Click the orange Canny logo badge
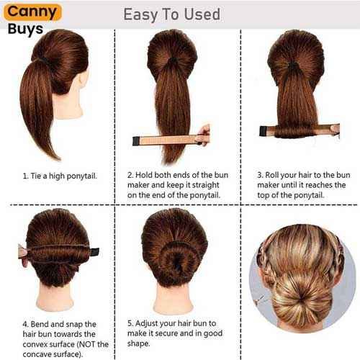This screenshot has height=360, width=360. point(32,12)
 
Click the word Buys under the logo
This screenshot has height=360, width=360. point(25,30)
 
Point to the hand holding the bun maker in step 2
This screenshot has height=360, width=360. point(204,135)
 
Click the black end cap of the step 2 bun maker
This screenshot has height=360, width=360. point(136,141)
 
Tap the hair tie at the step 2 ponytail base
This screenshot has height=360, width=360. point(172,60)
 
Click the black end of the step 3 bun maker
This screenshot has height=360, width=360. point(264,131)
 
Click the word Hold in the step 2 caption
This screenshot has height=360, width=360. point(144,175)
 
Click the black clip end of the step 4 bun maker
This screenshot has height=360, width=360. point(95,252)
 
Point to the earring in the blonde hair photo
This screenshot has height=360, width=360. point(259,300)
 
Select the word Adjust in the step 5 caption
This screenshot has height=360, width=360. point(146,324)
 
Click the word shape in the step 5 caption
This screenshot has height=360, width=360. point(138,343)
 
